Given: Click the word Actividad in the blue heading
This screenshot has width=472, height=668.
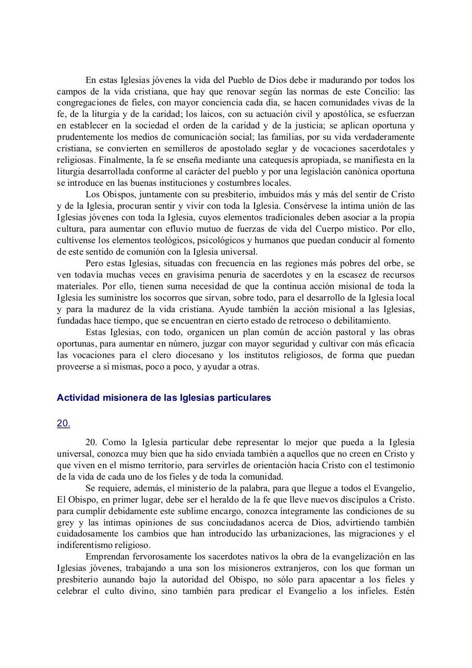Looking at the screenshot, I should [x=77, y=398].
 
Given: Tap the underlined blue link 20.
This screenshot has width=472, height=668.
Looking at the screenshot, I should [x=63, y=424].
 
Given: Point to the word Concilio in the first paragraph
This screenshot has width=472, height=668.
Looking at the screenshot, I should [x=383, y=91].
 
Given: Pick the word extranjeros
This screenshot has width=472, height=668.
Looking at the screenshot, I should [x=271, y=568].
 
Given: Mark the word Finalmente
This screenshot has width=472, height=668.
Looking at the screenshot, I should [x=120, y=160].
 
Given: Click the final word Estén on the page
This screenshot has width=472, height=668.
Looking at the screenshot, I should [x=403, y=591].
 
